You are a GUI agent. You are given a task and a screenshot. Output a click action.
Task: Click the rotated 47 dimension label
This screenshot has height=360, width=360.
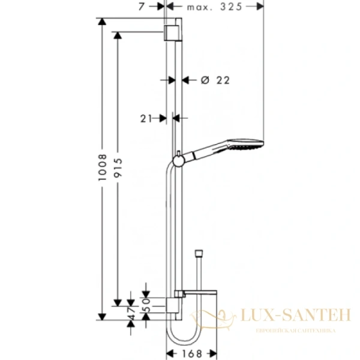coord(131,311)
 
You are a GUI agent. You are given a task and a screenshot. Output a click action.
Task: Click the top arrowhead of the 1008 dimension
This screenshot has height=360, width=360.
coord(103,23)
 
